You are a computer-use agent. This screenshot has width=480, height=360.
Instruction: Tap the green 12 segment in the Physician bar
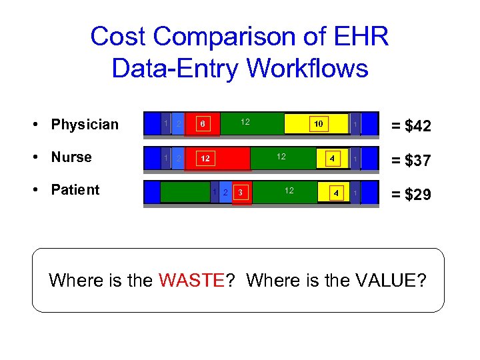click(245, 123)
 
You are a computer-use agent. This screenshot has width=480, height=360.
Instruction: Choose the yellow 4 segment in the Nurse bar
click(331, 159)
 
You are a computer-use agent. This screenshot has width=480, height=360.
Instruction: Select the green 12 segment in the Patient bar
click(288, 192)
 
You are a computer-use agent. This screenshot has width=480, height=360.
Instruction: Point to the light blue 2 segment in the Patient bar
click(225, 193)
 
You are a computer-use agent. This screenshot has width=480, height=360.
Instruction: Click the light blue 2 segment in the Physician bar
click(178, 124)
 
